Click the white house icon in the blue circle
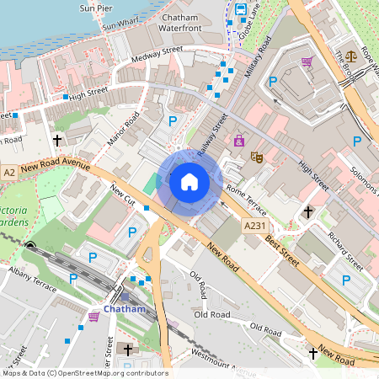189,181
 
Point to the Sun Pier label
95,8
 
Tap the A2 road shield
8,172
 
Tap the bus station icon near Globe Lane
242,9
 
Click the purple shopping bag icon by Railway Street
239,140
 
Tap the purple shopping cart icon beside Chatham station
93,317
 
